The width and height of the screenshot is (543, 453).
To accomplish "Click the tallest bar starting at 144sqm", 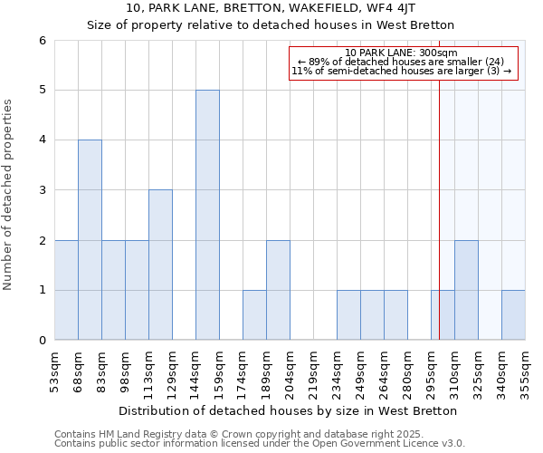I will tap(207, 215).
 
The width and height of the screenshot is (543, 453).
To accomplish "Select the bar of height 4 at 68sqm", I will tap(90, 240).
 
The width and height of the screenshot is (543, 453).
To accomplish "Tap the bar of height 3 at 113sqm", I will tap(160, 265).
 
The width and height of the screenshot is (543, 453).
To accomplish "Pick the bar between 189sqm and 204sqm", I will tap(278, 290).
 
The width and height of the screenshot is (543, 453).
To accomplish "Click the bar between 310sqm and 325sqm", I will tap(466, 290).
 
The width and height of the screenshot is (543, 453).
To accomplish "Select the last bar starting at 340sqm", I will tap(513, 314).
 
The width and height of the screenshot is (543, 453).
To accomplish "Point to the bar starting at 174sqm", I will tap(254, 314).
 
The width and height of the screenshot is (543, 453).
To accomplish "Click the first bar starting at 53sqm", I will tap(66, 290).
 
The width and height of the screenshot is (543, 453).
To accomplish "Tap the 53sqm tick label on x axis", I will tap(55, 371).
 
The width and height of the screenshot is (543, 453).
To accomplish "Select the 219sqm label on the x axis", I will tap(314, 371).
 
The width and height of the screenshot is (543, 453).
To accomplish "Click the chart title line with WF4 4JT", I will tap(271, 7).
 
